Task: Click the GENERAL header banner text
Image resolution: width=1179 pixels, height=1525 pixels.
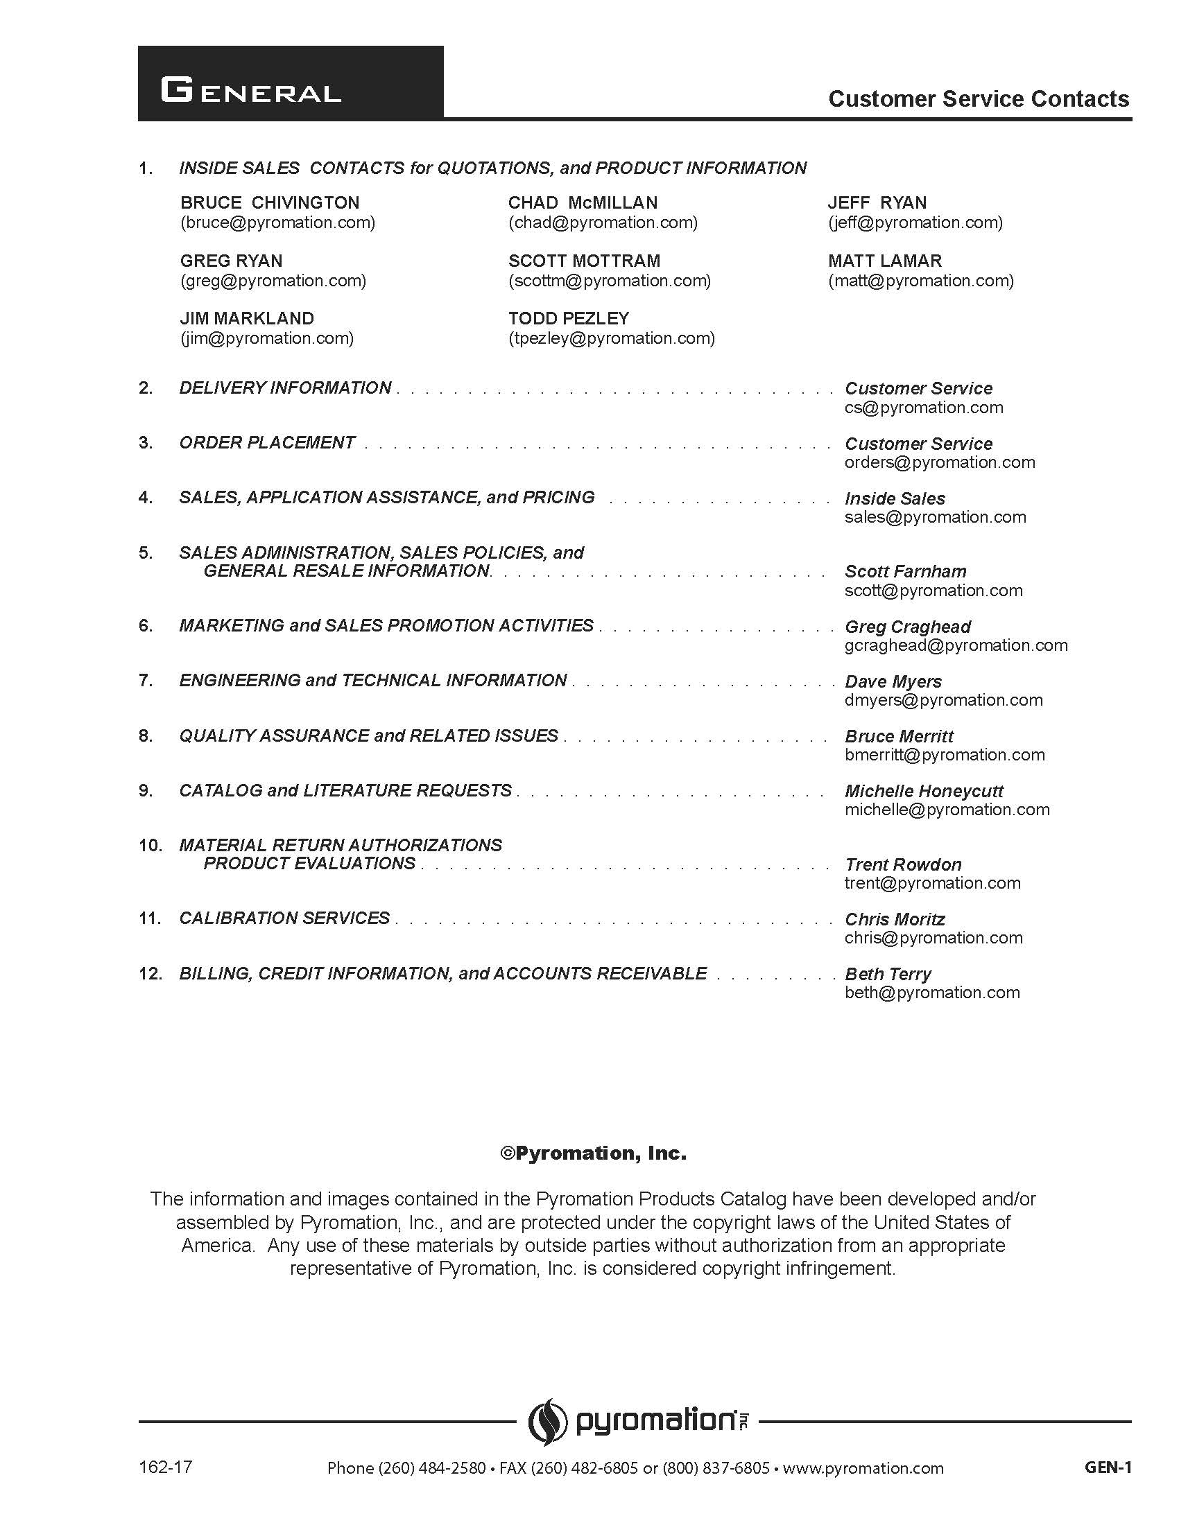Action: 251,91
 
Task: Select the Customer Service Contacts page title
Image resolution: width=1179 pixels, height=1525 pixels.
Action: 978,99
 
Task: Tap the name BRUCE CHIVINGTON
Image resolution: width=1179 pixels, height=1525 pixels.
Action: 270,202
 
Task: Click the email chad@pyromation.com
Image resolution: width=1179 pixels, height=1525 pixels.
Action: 603,223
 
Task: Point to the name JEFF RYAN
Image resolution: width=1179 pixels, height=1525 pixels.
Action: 877,202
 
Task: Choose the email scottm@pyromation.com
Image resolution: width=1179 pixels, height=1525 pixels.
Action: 609,281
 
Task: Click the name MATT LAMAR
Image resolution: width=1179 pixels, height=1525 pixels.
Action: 884,261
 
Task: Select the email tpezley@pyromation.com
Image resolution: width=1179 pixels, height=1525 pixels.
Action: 611,339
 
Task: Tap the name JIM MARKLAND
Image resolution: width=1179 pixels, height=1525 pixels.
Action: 247,318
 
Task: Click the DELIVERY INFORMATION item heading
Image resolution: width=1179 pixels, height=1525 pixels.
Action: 285,387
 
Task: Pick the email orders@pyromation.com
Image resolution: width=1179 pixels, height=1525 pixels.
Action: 940,462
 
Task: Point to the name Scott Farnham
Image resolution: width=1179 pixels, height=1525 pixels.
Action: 905,571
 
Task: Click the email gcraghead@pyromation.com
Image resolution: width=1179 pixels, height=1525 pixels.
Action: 956,645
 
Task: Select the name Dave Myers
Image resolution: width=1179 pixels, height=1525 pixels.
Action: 893,681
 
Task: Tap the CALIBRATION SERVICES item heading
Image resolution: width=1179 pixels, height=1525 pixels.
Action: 284,918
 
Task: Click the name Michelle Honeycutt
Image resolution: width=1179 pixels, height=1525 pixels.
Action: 923,791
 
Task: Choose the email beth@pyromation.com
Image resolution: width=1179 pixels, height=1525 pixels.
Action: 931,992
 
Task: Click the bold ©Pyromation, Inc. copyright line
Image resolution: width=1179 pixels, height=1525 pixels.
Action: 593,1153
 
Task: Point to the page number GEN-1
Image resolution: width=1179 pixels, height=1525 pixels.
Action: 1107,1467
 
